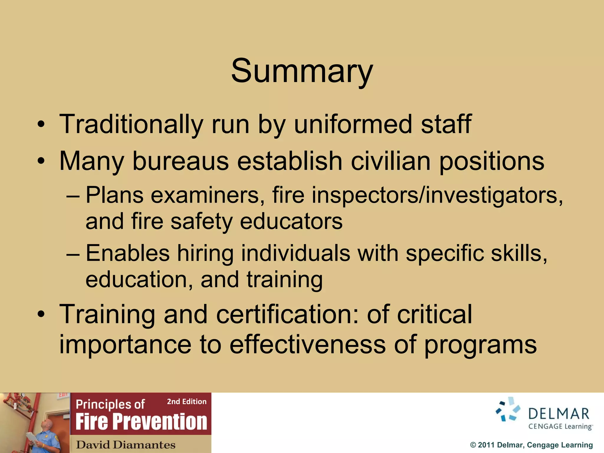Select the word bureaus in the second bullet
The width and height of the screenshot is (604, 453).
click(180, 161)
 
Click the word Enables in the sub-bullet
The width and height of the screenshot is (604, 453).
click(128, 253)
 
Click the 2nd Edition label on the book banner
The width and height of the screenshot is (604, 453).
click(187, 402)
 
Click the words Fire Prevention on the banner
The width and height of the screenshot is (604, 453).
click(141, 422)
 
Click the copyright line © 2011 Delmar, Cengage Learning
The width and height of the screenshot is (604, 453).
click(531, 445)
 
